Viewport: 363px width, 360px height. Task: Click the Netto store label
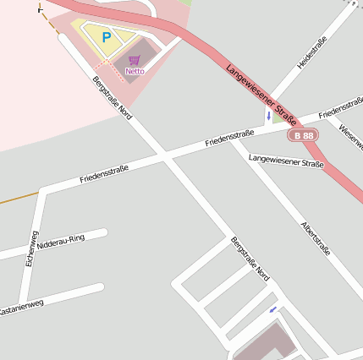click(135, 72)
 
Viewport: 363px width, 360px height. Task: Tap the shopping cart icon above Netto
click(134, 60)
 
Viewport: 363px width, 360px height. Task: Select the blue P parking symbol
click(106, 37)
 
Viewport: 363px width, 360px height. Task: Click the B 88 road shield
click(302, 135)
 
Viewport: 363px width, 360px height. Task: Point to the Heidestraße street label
click(311, 53)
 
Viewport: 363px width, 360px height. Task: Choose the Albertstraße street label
click(316, 238)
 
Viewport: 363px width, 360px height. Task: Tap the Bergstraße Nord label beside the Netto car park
click(113, 98)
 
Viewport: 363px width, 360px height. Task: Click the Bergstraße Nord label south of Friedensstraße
click(250, 259)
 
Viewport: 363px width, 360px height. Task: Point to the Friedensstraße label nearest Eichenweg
click(104, 174)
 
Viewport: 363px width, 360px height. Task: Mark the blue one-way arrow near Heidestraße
click(268, 115)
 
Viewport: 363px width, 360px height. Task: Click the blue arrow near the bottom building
click(272, 310)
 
